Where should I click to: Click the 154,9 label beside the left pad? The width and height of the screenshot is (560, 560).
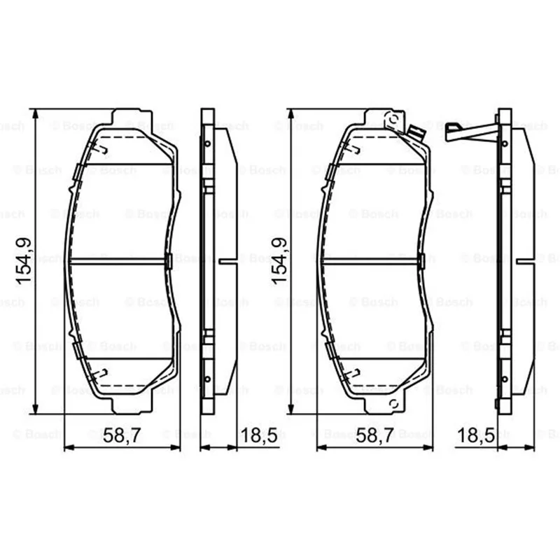pos(24,261)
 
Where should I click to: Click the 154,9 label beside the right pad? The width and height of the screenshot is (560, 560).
pos(279,261)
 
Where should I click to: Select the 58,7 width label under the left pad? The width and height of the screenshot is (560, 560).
pos(122,435)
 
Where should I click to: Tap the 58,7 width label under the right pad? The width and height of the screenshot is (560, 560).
pos(375,435)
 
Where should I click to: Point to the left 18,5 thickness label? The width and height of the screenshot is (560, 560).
pos(259,435)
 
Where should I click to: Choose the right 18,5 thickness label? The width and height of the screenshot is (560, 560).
pos(476,435)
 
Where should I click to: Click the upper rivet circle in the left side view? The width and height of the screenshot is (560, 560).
pos(207,144)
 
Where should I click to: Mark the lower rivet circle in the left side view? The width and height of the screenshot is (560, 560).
pos(207,379)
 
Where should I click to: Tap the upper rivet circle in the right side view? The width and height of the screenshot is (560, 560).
pos(505,144)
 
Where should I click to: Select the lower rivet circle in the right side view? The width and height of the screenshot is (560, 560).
pos(505,379)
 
